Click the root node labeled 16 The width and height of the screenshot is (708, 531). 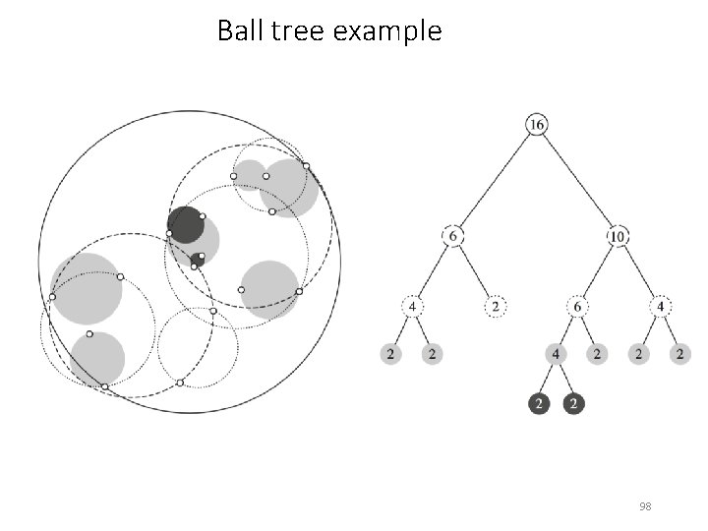coord(537,125)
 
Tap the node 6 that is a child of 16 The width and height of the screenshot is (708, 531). coord(452,237)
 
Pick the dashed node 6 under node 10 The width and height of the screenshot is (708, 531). coord(577,307)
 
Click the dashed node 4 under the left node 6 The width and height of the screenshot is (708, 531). coord(412,307)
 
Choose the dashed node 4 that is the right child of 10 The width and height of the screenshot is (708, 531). coord(661,307)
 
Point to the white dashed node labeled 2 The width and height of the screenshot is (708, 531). coord(495,307)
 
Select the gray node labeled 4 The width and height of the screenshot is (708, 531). coord(557,354)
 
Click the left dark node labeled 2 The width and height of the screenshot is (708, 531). coord(537,403)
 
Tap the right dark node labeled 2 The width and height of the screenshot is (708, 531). coord(575,403)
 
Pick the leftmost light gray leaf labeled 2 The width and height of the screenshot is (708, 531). coord(390,354)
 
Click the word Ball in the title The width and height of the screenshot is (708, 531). coord(237,31)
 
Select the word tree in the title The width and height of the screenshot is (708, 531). coord(296,31)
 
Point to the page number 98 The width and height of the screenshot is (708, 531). coord(645,506)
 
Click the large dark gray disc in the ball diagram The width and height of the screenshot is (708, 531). coord(185,225)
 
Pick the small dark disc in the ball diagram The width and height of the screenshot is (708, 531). coord(197,261)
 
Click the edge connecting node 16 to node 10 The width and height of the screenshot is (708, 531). coord(578,181)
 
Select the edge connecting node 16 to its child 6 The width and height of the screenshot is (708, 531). coord(495,181)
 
